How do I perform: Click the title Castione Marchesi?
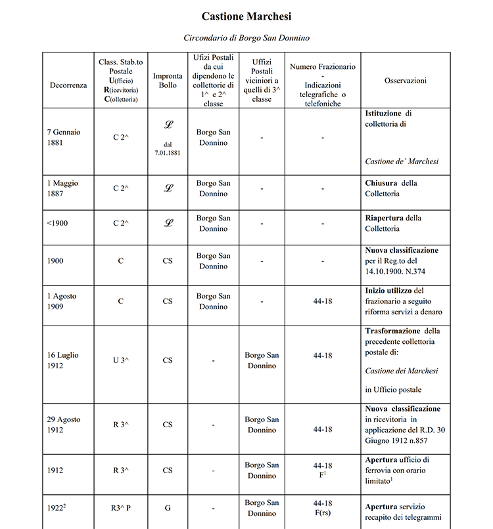coord(246,16)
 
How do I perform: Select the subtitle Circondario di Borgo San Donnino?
coord(246,38)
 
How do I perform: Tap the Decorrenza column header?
coord(68,85)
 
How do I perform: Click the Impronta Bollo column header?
coord(168,80)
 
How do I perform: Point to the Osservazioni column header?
coord(406,80)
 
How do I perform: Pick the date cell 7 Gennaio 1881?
coord(64,137)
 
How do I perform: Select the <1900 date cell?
coord(57,223)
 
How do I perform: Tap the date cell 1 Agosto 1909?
coord(62,301)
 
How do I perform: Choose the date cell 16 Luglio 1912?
coord(63,360)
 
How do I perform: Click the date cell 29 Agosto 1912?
coord(64,425)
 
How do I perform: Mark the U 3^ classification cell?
coord(121,360)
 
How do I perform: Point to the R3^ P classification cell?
coord(121,507)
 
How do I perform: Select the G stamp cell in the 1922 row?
coord(168,507)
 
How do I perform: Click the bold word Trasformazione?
coord(393,331)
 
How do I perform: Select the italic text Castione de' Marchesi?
coord(402,161)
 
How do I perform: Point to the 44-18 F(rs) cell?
coord(323,507)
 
